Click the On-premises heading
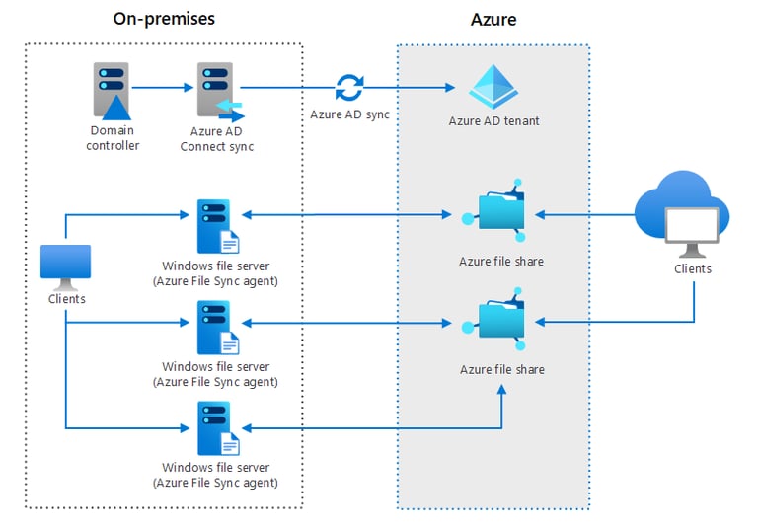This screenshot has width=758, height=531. [x=164, y=19]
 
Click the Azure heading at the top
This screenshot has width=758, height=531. [x=493, y=19]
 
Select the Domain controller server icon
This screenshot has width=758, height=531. [x=112, y=91]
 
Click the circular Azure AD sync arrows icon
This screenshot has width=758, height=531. [x=348, y=88]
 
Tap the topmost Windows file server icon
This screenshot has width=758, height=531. [x=216, y=226]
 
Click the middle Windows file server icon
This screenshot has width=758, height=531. [x=216, y=327]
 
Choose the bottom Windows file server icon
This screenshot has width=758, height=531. [x=216, y=427]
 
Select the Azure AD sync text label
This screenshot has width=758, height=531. [x=349, y=114]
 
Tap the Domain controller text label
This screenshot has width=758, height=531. [x=114, y=138]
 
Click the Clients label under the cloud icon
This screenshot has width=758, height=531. [x=692, y=268]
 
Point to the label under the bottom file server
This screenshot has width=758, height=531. [x=215, y=476]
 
